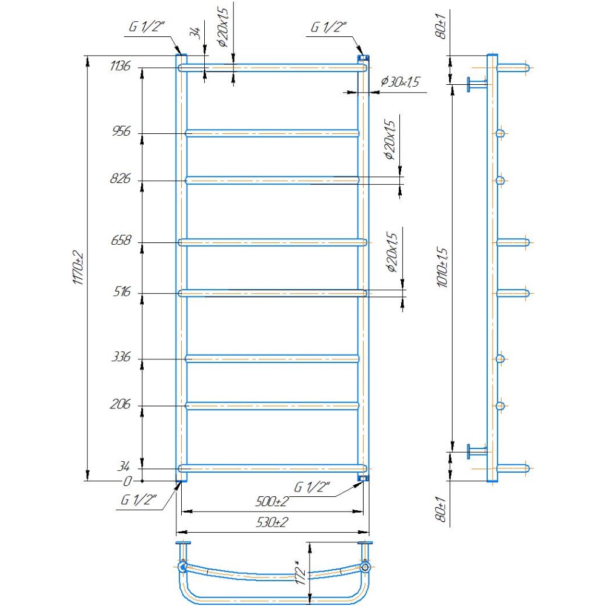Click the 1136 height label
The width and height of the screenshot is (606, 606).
120,66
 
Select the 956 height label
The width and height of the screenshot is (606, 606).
121,132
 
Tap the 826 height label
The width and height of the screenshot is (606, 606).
121,179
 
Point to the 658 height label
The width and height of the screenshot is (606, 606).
121,241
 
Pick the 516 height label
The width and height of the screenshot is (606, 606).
122,291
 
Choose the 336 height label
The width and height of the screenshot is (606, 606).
121,357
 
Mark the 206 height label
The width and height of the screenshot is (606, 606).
121,404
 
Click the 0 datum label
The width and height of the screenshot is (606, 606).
127,481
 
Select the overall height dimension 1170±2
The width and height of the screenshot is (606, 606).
78,267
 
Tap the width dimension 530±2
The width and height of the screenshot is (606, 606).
272,522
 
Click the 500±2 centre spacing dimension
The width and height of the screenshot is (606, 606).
272,502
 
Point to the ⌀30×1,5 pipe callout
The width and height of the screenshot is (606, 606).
400,82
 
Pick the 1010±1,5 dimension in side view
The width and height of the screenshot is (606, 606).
442,267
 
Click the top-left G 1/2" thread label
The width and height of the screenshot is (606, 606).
147,27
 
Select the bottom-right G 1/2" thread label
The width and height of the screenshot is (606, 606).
312,487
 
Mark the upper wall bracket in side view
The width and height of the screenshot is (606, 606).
477,84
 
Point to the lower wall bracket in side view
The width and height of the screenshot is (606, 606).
477,451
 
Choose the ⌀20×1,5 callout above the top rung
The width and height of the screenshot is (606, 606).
224,27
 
